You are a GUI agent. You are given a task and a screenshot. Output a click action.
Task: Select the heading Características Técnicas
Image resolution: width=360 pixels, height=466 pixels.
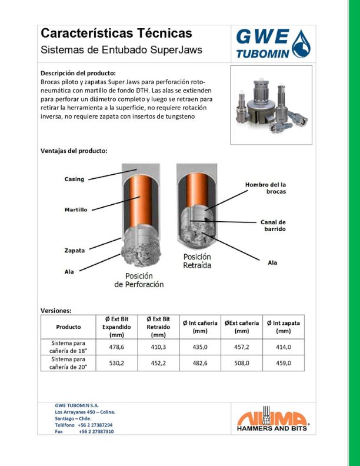click(116, 34)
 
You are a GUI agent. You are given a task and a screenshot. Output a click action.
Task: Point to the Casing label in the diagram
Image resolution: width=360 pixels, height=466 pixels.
click(74, 179)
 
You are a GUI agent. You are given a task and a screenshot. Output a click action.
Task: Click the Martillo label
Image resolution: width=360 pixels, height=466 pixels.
click(76, 209)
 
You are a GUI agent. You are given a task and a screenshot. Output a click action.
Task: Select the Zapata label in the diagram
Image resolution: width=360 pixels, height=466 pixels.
click(74, 250)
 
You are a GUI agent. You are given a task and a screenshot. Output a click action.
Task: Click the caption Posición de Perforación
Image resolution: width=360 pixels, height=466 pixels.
click(139, 280)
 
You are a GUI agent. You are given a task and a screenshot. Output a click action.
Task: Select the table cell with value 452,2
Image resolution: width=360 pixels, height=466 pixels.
click(158, 363)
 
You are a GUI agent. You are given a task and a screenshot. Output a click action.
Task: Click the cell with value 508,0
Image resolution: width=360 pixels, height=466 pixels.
click(242, 363)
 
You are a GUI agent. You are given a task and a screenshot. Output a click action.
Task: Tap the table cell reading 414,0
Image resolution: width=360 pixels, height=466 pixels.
click(284, 347)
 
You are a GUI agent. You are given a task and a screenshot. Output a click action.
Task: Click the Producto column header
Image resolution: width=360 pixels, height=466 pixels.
click(69, 327)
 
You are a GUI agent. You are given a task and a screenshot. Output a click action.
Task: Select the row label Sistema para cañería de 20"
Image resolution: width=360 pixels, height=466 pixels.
click(69, 363)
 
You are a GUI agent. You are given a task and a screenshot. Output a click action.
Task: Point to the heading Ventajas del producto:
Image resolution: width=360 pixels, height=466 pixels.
click(74, 151)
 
